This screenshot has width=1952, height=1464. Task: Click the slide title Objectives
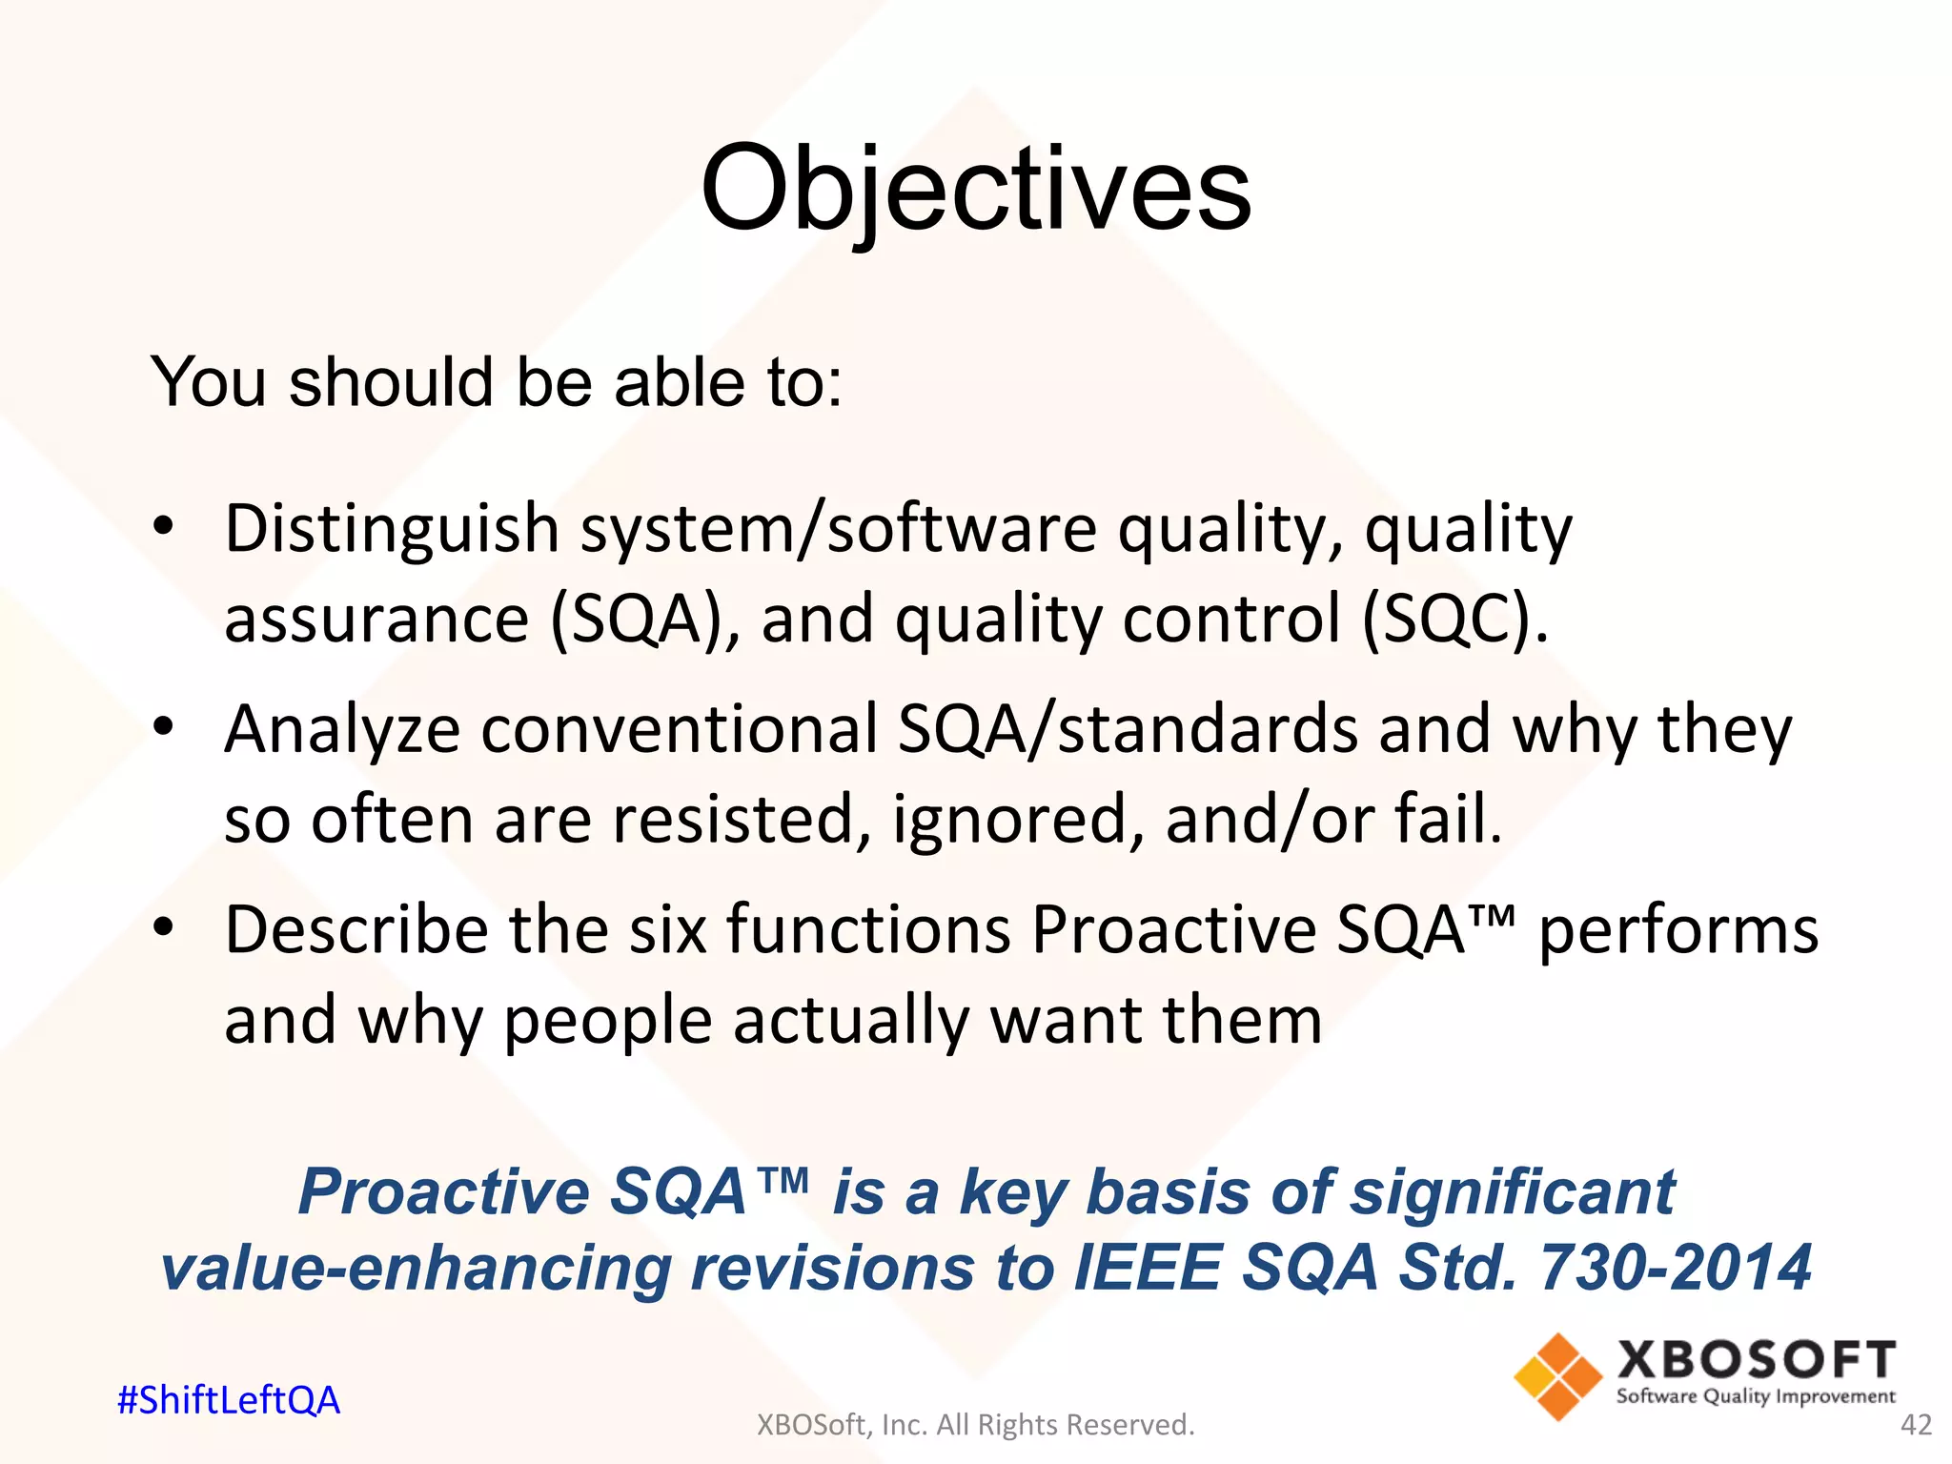pyautogui.click(x=975, y=188)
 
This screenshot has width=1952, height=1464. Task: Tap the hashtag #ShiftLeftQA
pyautogui.click(x=228, y=1400)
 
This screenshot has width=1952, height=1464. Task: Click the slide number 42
pyautogui.click(x=1916, y=1425)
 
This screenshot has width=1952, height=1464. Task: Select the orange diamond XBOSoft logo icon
pyautogui.click(x=1557, y=1376)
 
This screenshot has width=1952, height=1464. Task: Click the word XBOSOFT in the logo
pyautogui.click(x=1756, y=1360)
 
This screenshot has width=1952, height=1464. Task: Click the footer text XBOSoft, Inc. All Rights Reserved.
pyautogui.click(x=975, y=1425)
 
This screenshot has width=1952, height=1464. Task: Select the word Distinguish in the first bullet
pyautogui.click(x=391, y=529)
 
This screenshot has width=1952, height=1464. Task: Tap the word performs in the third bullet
pyautogui.click(x=1677, y=930)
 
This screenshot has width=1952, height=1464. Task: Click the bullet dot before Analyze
pyautogui.click(x=164, y=726)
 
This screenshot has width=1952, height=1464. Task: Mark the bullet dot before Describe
pyautogui.click(x=164, y=926)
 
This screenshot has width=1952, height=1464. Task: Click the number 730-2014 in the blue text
pyautogui.click(x=1675, y=1268)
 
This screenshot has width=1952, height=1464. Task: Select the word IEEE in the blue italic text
pyautogui.click(x=1147, y=1268)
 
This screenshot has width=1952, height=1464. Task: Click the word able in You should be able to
pyautogui.click(x=678, y=382)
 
